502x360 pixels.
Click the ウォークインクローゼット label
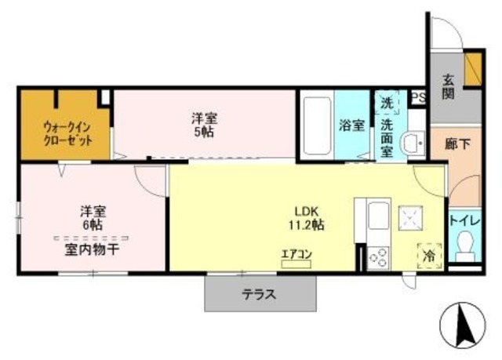(x=68, y=134)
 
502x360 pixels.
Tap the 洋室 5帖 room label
(x=204, y=125)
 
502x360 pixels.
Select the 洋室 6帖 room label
(x=93, y=218)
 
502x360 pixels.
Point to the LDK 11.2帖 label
(x=307, y=218)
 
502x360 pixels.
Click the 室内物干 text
(x=93, y=249)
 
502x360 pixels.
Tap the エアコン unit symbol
(x=296, y=264)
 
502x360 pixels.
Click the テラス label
(x=259, y=294)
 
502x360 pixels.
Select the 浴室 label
(x=352, y=125)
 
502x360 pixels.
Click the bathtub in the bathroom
(x=317, y=125)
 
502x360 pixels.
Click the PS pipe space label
(x=419, y=97)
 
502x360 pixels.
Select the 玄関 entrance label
(x=448, y=86)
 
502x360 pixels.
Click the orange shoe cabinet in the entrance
(x=473, y=69)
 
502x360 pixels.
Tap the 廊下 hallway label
(x=458, y=144)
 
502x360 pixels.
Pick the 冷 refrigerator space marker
(x=429, y=256)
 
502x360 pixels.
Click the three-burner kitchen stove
(x=378, y=258)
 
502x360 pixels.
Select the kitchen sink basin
(x=379, y=216)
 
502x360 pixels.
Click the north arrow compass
(x=463, y=325)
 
